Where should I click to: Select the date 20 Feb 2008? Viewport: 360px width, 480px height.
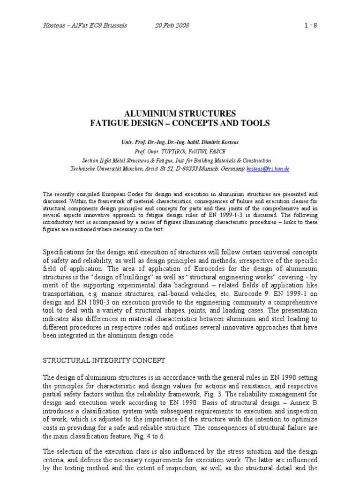click(x=172, y=25)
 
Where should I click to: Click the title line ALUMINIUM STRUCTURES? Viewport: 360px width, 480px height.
click(x=180, y=114)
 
